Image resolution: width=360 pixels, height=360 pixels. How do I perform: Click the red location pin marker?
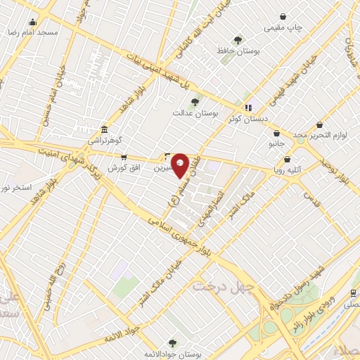[180, 165]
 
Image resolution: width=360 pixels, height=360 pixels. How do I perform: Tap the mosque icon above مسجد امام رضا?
[32, 22]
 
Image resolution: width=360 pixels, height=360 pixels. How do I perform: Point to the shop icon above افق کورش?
[124, 157]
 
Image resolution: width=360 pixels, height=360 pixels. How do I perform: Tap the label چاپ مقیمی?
[283, 27]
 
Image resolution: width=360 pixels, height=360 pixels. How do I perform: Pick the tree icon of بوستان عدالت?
[195, 102]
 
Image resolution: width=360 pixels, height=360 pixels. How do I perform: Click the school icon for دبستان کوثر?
[247, 108]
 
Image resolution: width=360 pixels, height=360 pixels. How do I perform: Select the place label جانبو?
[277, 143]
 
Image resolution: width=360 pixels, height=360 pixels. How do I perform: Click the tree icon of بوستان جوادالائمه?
[172, 342]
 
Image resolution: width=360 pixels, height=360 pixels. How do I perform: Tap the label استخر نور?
[15, 188]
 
